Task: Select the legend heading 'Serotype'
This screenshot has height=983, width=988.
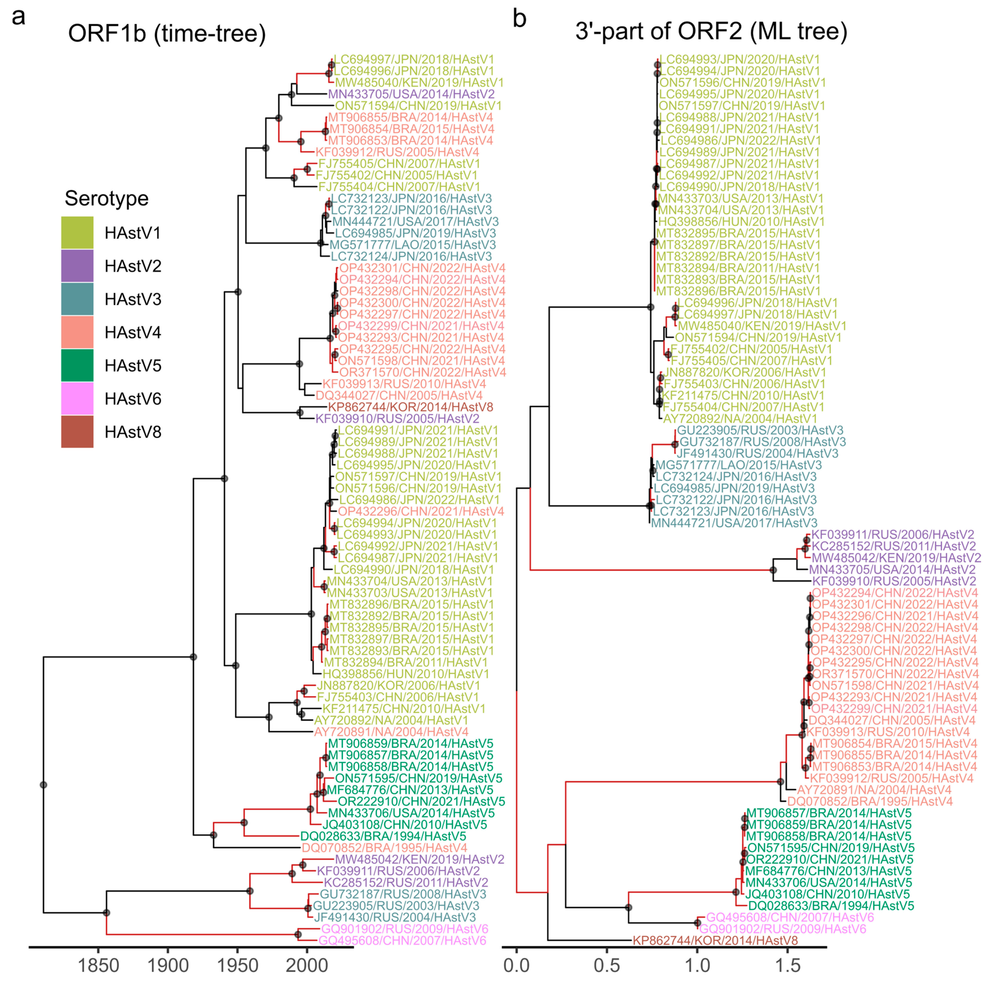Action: (106, 198)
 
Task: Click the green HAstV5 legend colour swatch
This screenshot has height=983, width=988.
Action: (77, 365)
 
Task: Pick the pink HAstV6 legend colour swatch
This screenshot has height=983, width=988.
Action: (77, 398)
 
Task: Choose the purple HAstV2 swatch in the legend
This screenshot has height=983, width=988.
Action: (77, 265)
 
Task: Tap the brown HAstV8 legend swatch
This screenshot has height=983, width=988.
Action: (77, 432)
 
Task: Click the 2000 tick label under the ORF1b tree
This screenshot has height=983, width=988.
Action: (307, 966)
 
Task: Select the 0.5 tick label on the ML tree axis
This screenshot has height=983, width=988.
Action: (607, 966)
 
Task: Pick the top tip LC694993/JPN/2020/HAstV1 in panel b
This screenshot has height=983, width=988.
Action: (740, 59)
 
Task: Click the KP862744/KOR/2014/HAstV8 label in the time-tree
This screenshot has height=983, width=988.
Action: (411, 407)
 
